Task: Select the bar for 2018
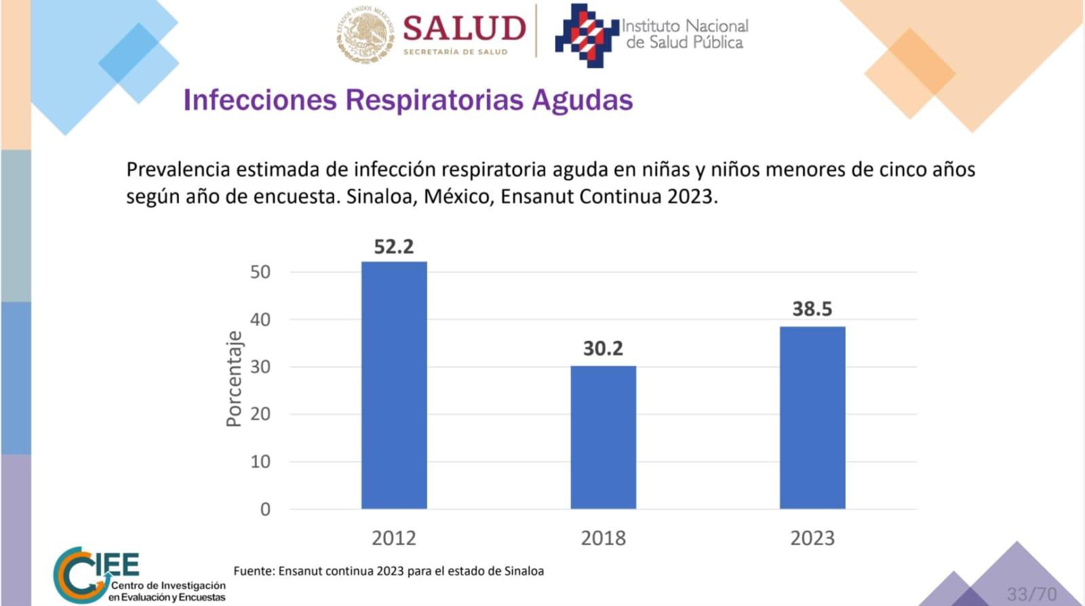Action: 603,437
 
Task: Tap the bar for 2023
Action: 812,418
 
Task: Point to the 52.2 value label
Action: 393,247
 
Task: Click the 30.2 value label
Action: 603,348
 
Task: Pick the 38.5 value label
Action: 812,309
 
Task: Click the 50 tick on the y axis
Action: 260,272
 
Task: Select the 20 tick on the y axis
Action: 260,414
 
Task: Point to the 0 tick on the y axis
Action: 265,509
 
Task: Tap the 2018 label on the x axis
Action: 603,538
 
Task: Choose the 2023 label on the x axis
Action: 812,538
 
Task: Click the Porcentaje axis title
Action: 234,378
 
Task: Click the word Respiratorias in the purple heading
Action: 434,100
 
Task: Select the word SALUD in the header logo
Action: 465,28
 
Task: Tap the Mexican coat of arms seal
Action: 365,35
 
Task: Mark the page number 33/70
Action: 1031,594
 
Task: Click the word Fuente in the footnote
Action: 252,571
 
